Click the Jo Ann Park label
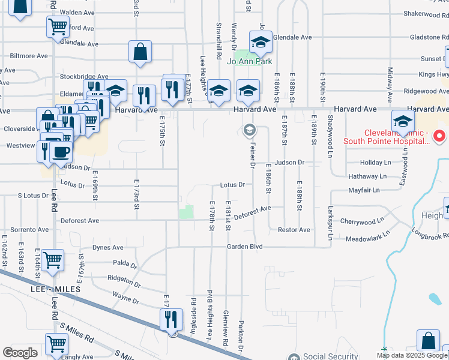click(x=253, y=61)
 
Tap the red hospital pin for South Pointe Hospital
click(x=439, y=136)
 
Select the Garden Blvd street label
click(x=245, y=247)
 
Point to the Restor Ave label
click(x=294, y=230)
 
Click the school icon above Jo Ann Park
click(x=261, y=41)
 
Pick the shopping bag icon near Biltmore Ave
click(x=140, y=52)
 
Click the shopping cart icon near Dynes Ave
click(x=53, y=260)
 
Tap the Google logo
click(x=20, y=353)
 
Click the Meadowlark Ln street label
click(x=367, y=239)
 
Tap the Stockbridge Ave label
click(x=83, y=77)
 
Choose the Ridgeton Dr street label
click(x=123, y=279)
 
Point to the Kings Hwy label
click(x=434, y=74)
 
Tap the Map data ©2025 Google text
click(x=411, y=355)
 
